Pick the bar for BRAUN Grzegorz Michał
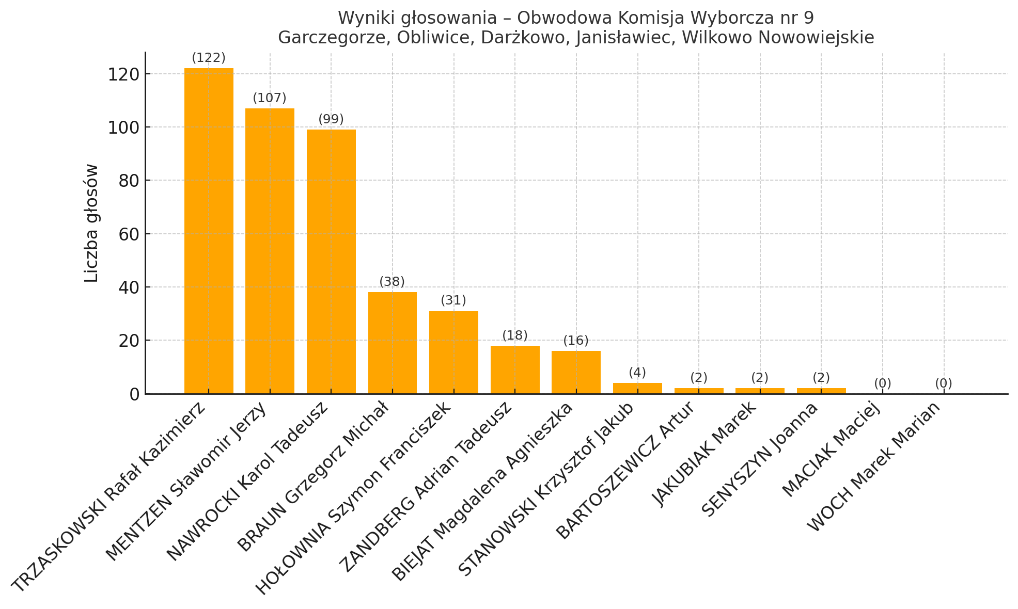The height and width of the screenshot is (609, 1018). [x=393, y=343]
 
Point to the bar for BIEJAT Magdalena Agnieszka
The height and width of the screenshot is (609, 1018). [x=576, y=372]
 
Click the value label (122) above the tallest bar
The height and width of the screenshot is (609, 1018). [x=209, y=58]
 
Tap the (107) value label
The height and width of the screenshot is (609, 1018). [x=270, y=98]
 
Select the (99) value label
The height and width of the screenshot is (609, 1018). [x=331, y=119]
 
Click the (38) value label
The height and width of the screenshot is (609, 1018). [x=392, y=282]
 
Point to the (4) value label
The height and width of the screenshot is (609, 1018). [x=637, y=373]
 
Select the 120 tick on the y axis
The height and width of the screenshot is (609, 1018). [x=123, y=74]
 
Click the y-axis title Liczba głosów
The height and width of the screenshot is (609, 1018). [x=91, y=223]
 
